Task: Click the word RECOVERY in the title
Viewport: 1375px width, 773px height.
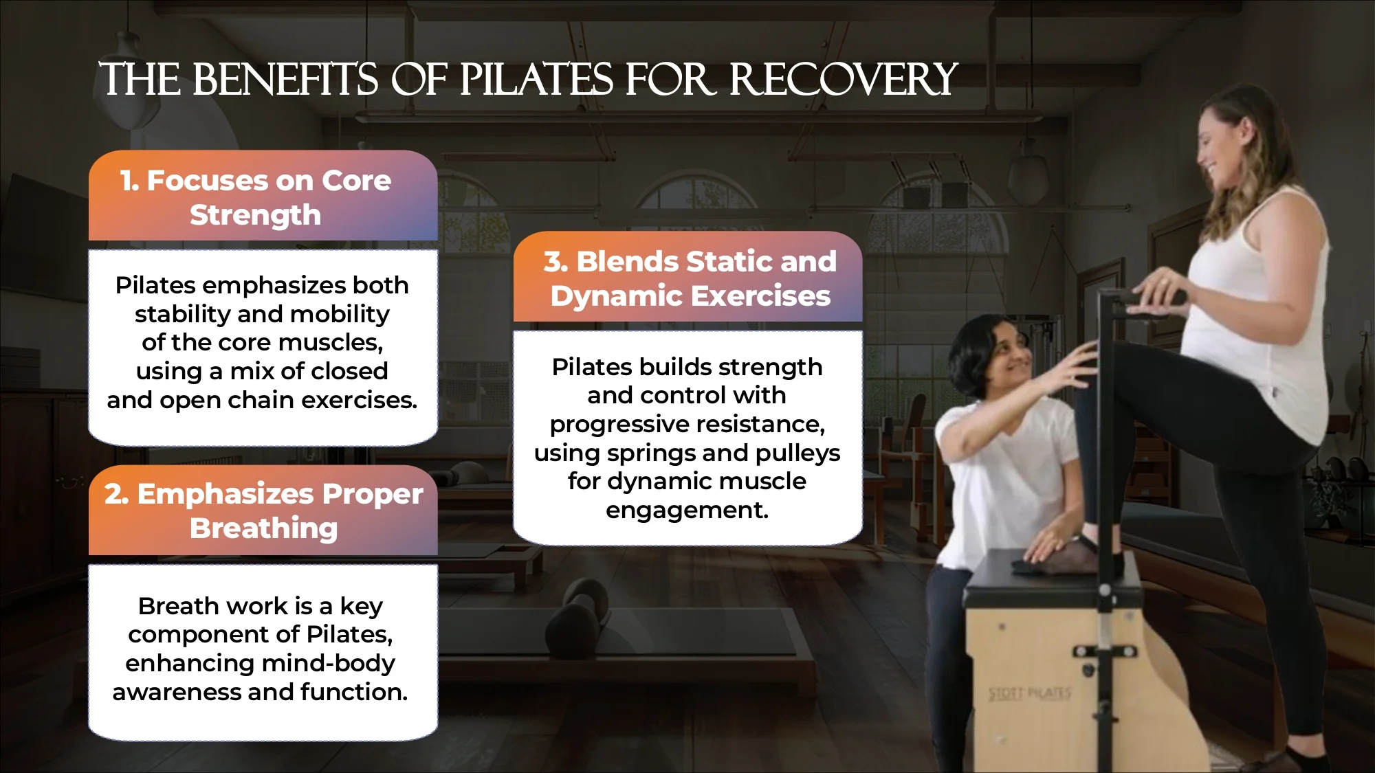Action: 843,79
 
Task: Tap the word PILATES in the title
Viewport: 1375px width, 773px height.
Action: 536,79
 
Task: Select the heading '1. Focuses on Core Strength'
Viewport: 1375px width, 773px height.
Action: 256,198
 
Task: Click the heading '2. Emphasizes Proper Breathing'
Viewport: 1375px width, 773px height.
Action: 263,511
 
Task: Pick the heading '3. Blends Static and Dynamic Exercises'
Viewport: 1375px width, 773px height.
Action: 690,279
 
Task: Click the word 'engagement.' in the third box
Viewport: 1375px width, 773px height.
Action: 687,510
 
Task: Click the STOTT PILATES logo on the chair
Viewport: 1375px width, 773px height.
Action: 1030,694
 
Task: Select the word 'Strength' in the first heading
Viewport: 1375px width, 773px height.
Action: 256,216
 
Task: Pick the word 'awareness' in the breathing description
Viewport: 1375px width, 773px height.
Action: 177,692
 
